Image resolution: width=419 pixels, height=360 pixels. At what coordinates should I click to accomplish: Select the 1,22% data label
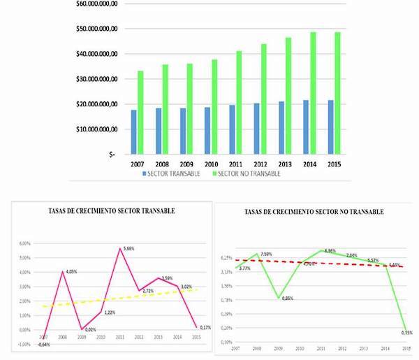109,312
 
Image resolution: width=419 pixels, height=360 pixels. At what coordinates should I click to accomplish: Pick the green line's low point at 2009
279,298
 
